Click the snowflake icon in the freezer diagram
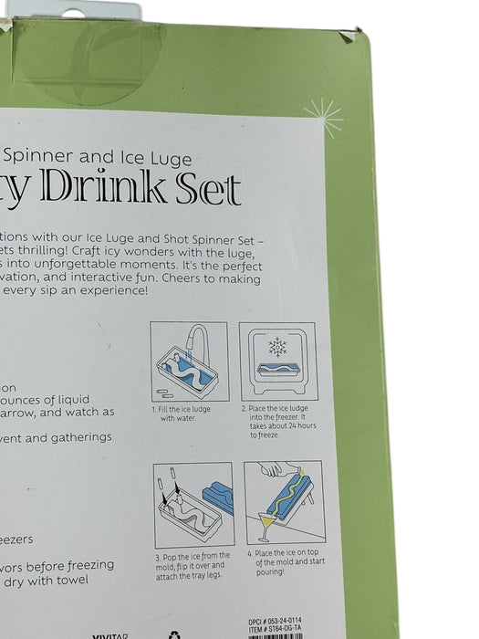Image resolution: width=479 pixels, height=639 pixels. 277,348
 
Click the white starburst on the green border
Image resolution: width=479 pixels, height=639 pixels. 323,116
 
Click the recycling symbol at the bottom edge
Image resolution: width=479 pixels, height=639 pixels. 174,634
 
